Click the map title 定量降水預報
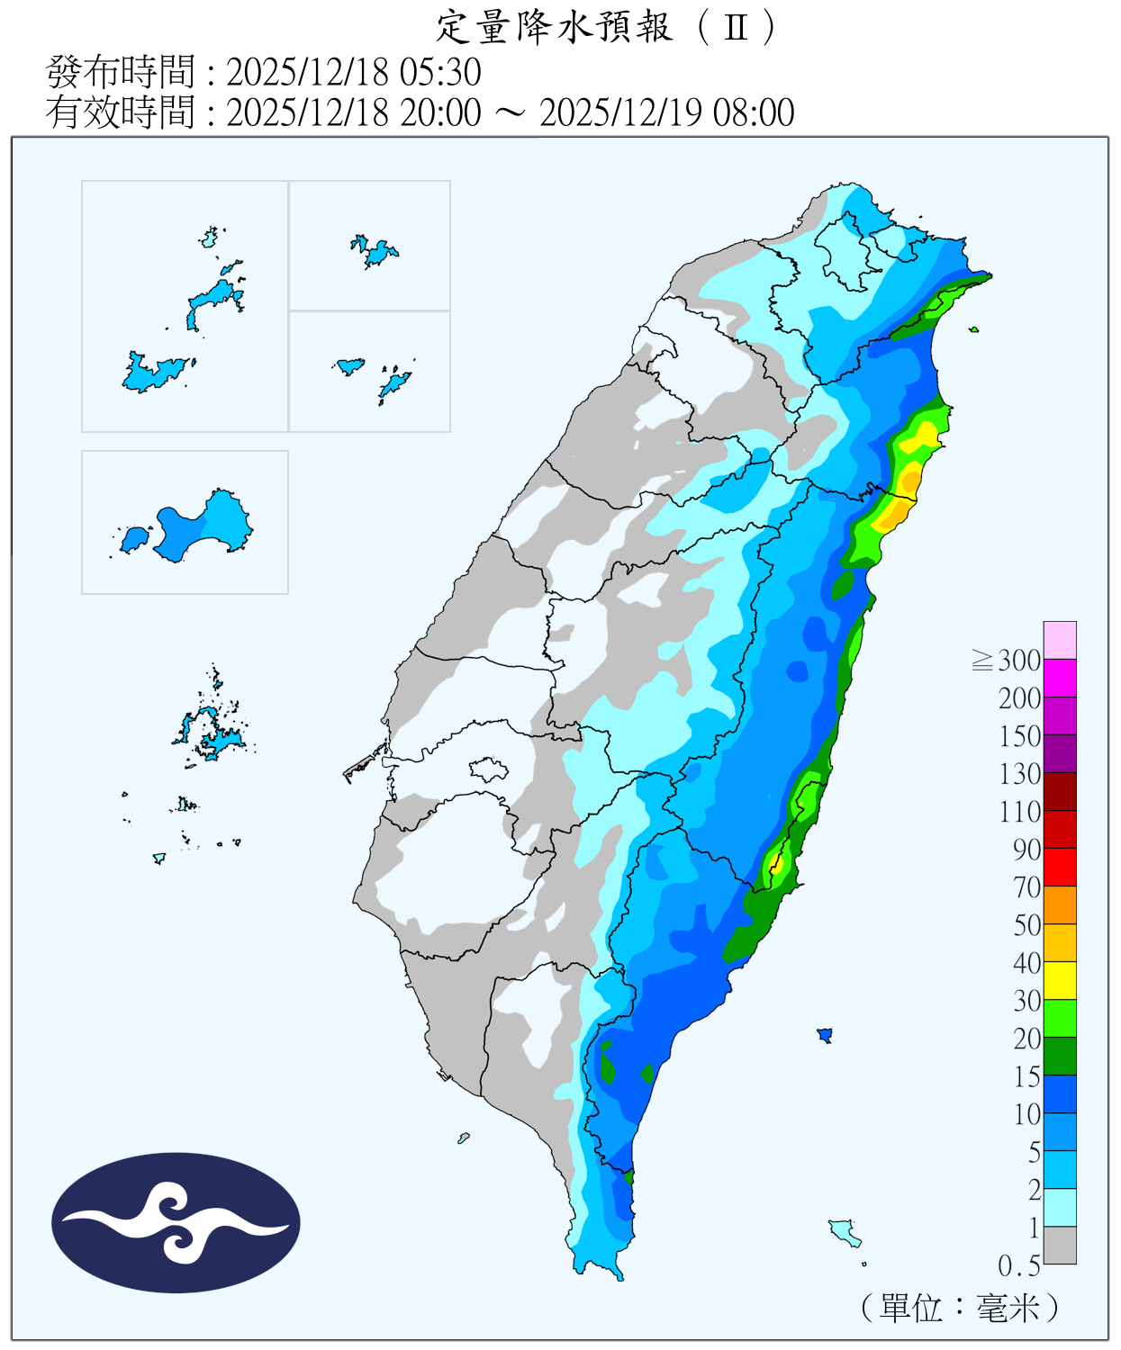tap(554, 27)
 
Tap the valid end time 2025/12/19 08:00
tap(666, 112)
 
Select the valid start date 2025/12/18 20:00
tap(354, 112)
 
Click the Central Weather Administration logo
tap(176, 1222)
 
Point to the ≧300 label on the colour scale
tap(1007, 661)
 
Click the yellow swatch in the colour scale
tap(1060, 980)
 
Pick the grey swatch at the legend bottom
tap(1060, 1245)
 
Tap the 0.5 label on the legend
tap(1018, 1266)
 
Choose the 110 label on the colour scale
tap(1020, 812)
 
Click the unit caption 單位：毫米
tap(959, 1308)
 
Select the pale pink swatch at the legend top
tap(1060, 640)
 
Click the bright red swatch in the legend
tap(1060, 867)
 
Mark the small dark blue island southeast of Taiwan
tap(824, 1035)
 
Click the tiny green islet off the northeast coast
tap(973, 329)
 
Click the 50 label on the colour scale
tap(1027, 925)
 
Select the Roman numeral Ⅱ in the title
tap(736, 27)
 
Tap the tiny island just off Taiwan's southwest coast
tap(464, 1138)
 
